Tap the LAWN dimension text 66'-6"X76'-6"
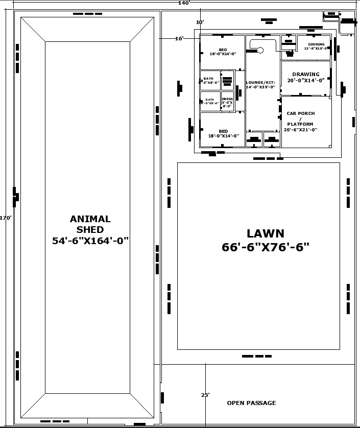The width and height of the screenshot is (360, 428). coord(266,247)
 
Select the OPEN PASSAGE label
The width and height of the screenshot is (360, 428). coord(251,403)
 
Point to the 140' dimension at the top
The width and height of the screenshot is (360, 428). coord(184,3)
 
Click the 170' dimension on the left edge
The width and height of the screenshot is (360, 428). coord(6,218)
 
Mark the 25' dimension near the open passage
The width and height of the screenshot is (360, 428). coord(205,395)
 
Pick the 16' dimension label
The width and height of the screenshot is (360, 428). coord(179,38)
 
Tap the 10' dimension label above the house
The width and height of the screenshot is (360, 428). coord(200,22)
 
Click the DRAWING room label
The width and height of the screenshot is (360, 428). coord(306,74)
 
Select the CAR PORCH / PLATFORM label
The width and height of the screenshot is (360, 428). coord(301,118)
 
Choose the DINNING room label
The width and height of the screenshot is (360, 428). coord(316,44)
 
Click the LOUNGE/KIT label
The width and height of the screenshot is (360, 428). coord(260,82)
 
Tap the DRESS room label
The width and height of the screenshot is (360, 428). coord(227,99)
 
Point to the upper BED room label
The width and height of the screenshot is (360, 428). coord(223,50)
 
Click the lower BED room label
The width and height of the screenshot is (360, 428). coord(223,131)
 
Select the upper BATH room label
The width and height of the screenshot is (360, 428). coord(208,79)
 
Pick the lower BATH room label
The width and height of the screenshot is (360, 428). coord(210,100)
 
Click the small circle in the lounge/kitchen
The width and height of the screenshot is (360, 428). coord(260,50)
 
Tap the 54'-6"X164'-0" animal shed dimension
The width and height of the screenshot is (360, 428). coord(90,241)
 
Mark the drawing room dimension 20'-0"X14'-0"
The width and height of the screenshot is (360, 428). coord(306,80)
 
